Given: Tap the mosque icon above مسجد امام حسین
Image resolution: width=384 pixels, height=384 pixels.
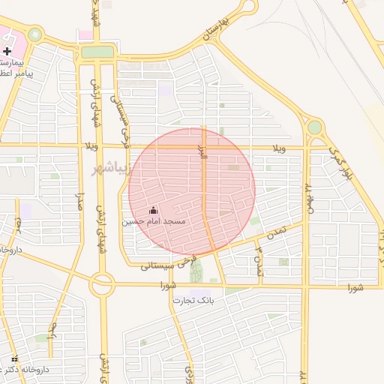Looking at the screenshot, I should (x=154, y=211).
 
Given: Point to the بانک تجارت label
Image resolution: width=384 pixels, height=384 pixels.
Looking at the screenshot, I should (x=193, y=300).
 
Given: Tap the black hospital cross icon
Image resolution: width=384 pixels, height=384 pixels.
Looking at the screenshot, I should (x=7, y=51).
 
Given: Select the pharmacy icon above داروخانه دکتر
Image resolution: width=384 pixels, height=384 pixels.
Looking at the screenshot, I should (x=15, y=359).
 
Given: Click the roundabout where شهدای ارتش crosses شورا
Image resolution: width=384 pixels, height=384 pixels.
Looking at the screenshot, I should (x=101, y=285).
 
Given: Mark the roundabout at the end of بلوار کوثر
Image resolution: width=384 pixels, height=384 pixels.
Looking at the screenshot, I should (x=315, y=127).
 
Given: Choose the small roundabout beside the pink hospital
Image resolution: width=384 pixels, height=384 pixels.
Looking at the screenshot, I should (x=34, y=34).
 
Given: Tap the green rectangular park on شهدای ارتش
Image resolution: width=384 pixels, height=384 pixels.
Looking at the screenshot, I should (x=97, y=52).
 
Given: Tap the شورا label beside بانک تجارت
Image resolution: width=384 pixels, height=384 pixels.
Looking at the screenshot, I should (x=168, y=286).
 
